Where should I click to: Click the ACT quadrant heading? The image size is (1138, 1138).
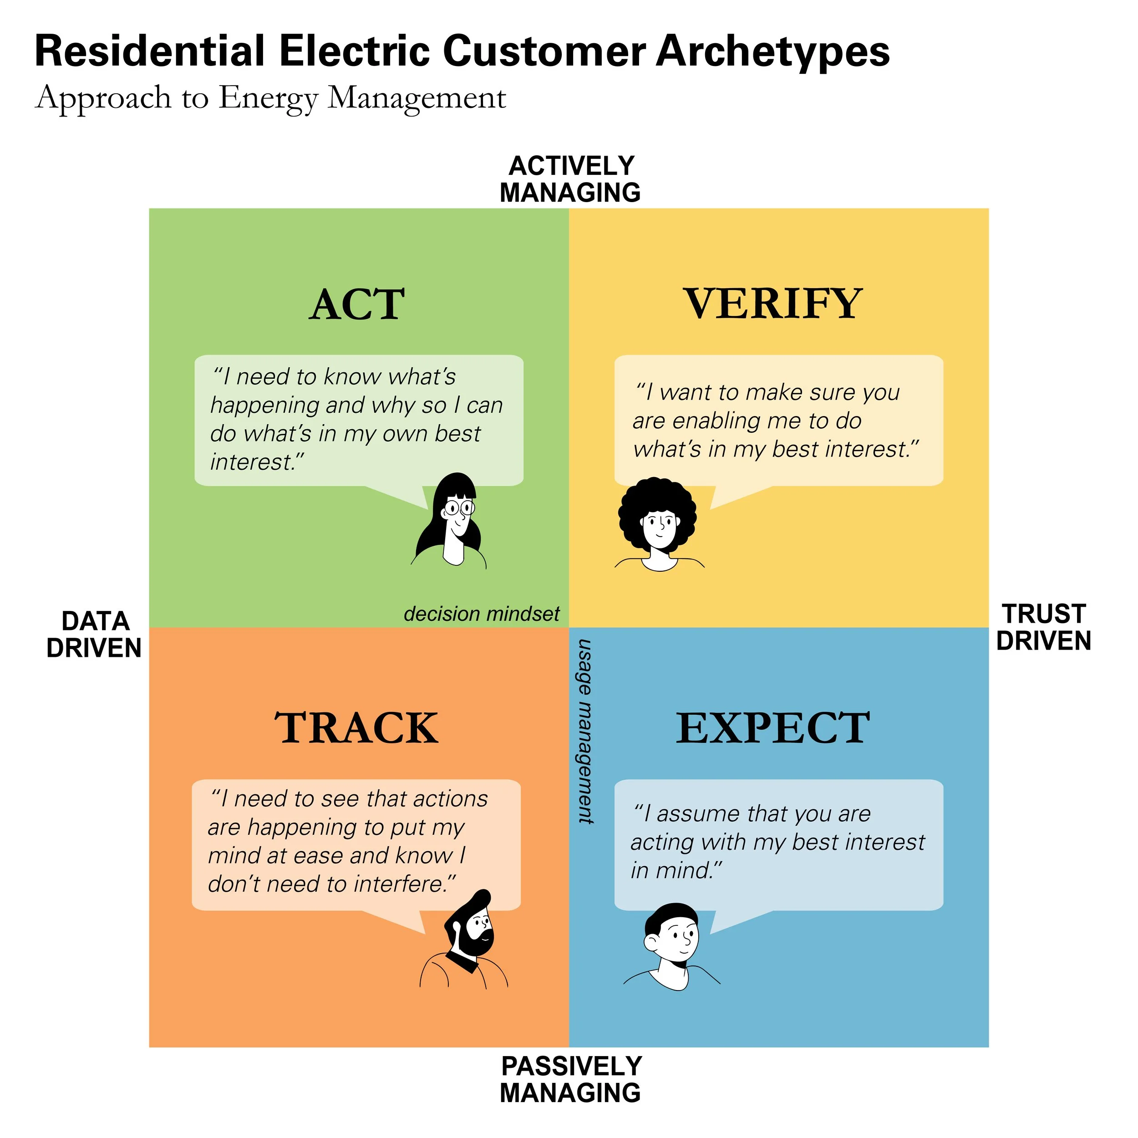357,305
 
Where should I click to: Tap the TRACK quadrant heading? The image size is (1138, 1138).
356,729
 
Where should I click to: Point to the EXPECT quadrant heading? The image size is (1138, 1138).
773,729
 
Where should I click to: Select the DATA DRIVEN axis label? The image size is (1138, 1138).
94,635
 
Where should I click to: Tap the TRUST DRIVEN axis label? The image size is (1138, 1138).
1044,627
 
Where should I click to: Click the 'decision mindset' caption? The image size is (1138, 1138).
481,615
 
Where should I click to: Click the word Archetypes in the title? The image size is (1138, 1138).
772,52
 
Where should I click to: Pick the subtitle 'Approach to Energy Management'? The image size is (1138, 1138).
271,98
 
